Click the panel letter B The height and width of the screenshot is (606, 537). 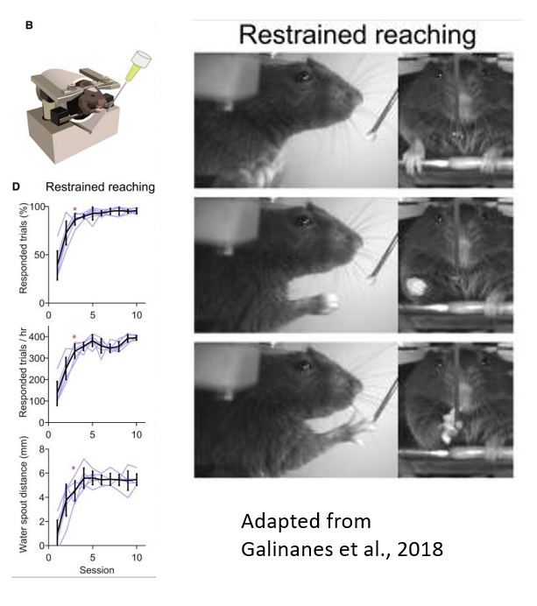click(29, 25)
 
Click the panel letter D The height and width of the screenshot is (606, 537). click(16, 187)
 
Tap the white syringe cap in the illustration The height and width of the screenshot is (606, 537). click(141, 58)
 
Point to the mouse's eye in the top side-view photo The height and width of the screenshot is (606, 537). click(303, 76)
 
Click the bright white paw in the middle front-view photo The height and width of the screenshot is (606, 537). click(415, 286)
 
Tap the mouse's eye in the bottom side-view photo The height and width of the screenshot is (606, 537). click(303, 365)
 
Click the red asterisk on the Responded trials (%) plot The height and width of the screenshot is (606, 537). click(74, 210)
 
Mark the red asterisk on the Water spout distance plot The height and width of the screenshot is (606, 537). click(74, 469)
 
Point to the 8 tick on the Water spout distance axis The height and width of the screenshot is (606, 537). click(41, 449)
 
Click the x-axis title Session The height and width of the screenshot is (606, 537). click(96, 570)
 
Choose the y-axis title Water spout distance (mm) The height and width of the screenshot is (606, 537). click(23, 494)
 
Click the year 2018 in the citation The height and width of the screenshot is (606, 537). click(420, 549)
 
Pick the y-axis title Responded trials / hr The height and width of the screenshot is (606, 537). click(23, 372)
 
